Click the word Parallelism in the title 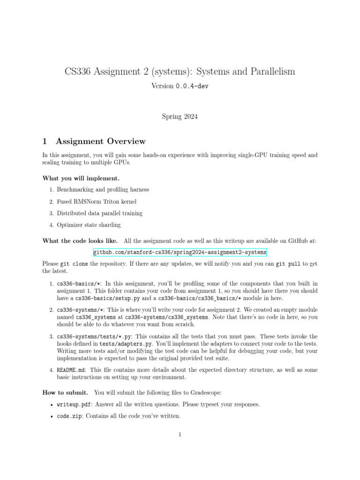click(268, 72)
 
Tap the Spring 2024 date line click(180, 117)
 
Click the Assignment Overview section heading click(100, 141)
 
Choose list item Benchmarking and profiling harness click(103, 190)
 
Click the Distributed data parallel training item click(99, 213)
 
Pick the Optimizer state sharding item click(89, 225)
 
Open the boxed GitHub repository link click(180, 252)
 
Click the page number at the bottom click(180, 435)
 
